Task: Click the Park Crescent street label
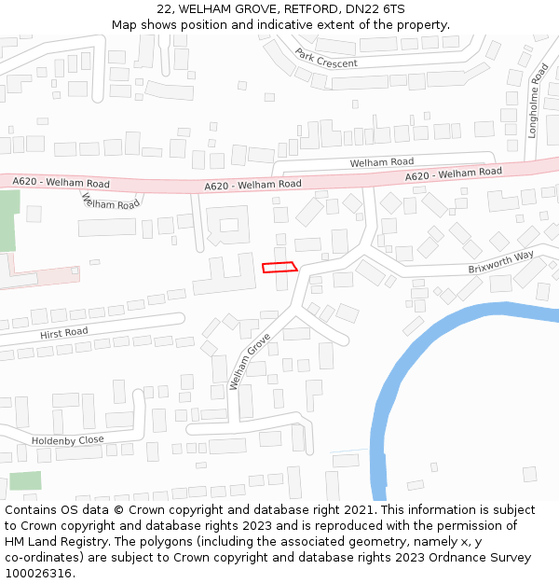click(x=326, y=58)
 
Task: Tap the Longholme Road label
click(x=535, y=101)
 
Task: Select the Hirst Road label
click(x=63, y=333)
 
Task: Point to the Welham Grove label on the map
click(x=250, y=361)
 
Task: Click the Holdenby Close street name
click(x=68, y=439)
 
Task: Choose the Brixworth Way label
click(x=500, y=261)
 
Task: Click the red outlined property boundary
click(x=279, y=267)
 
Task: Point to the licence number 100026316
click(x=38, y=574)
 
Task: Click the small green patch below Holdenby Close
click(x=25, y=481)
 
